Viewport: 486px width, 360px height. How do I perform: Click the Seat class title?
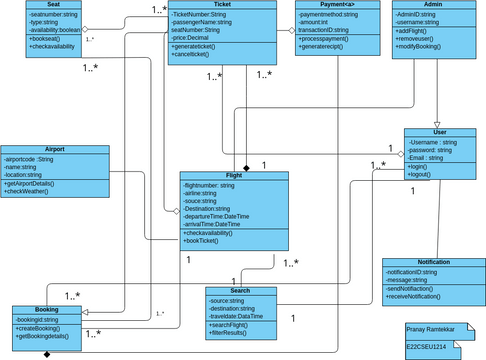[54, 5]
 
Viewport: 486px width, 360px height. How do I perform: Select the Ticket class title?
[218, 5]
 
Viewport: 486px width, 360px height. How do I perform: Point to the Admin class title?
[433, 5]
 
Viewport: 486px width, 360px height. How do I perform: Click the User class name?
[439, 132]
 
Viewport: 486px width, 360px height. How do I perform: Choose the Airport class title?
[55, 149]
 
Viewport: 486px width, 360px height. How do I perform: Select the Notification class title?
[433, 261]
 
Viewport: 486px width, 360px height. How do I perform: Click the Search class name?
[240, 290]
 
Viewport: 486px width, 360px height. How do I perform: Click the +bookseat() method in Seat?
[48, 38]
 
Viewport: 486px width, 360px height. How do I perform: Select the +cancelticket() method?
[198, 55]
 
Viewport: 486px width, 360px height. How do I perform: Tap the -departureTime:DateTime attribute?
[223, 216]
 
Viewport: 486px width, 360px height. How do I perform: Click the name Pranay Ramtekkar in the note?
[430, 328]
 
